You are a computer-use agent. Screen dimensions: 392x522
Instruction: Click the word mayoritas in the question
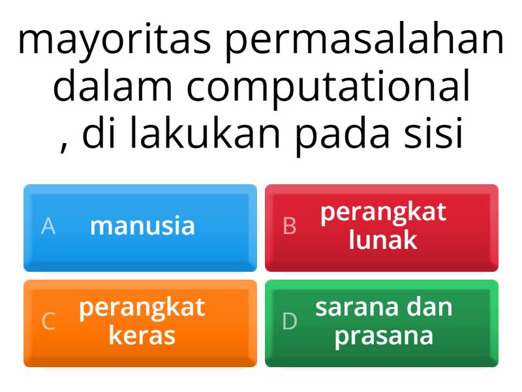pos(114,41)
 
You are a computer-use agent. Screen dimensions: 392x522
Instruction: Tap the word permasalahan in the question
pos(365,41)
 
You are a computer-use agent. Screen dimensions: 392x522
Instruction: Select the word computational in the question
pos(328,88)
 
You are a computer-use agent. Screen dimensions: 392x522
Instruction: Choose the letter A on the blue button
pos(48,226)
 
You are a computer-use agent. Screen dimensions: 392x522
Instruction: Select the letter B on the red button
pos(290,226)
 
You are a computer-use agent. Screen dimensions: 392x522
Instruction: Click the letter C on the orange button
pos(48,321)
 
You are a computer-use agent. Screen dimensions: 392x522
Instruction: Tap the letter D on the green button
pos(290,321)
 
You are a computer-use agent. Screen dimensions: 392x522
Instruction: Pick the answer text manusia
pos(142,226)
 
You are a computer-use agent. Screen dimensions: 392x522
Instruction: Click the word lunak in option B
pos(383,240)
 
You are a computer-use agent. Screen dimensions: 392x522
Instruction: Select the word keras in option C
pos(142,336)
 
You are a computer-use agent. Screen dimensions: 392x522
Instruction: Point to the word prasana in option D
pos(384,336)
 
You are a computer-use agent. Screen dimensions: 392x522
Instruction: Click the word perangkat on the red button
pos(384,213)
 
